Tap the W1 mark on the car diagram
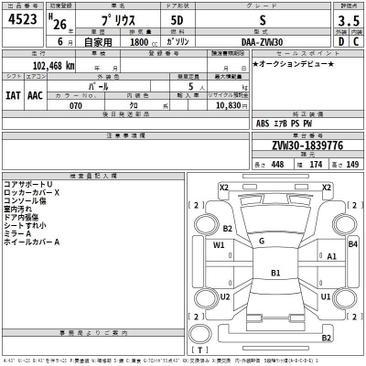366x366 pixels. (x=220, y=245)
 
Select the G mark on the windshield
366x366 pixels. (x=262, y=241)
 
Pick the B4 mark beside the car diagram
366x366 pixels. (x=352, y=244)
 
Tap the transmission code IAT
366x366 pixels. (x=13, y=93)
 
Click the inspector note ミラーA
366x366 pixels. (x=19, y=233)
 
